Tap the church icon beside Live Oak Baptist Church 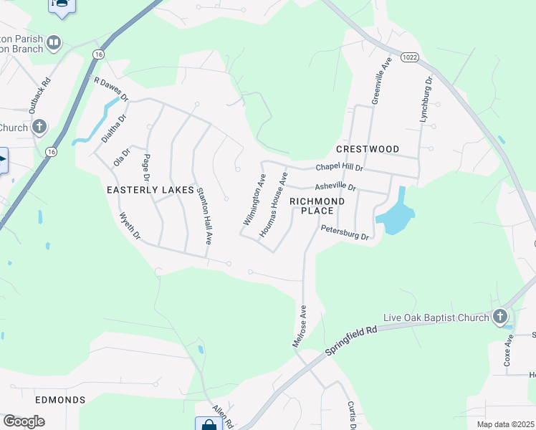point(500,316)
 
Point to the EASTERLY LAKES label point(150,190)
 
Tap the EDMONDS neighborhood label point(60,399)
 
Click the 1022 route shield point(408,57)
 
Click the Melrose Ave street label point(300,326)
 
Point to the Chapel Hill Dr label point(340,168)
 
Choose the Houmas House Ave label point(273,204)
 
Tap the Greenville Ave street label point(380,82)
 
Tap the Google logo point(24,421)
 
